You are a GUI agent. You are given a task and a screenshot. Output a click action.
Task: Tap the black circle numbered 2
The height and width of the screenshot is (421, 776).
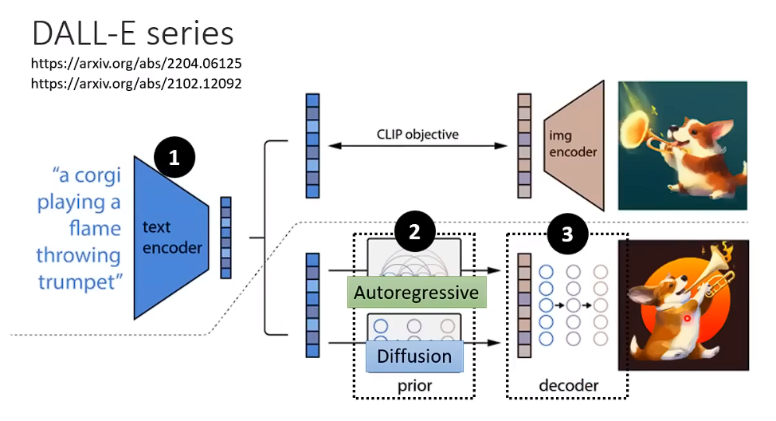(415, 233)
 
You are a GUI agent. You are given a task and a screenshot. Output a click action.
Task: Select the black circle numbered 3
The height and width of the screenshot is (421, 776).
(567, 233)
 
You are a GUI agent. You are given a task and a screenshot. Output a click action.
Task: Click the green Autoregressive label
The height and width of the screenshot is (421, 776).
(417, 293)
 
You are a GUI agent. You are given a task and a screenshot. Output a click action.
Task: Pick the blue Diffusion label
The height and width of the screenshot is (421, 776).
(414, 355)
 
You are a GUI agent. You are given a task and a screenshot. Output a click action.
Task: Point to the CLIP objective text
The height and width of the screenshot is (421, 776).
(417, 134)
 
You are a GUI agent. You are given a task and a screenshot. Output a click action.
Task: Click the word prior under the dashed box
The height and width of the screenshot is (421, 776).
(414, 386)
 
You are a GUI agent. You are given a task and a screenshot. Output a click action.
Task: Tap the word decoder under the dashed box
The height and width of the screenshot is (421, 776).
(568, 386)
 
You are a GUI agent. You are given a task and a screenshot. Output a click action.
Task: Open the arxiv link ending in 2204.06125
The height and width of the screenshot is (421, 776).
(136, 62)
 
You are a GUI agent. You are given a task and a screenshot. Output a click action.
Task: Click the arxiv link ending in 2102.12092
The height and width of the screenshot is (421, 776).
(136, 82)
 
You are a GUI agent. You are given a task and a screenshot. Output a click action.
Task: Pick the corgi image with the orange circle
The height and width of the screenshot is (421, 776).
(684, 305)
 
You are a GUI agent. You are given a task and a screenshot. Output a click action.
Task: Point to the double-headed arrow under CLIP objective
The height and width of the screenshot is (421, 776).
(417, 146)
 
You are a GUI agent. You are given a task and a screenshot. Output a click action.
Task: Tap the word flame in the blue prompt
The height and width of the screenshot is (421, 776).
(93, 229)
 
